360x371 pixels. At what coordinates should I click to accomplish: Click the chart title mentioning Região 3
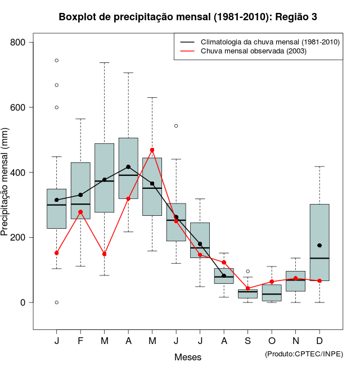click(188, 17)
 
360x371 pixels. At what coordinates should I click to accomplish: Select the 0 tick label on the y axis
click(25, 302)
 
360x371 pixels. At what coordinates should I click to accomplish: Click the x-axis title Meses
click(188, 357)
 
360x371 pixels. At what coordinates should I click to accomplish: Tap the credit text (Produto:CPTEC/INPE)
click(304, 354)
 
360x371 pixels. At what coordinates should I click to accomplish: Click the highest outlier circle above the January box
click(57, 60)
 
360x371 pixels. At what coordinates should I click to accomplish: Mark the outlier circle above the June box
click(176, 126)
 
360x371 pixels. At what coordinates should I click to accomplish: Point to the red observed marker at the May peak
click(152, 150)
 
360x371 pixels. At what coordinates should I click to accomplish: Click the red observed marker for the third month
click(105, 254)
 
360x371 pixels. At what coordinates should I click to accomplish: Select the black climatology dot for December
click(319, 246)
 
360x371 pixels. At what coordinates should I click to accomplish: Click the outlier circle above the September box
click(247, 272)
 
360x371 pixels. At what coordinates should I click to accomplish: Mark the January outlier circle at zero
click(57, 302)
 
